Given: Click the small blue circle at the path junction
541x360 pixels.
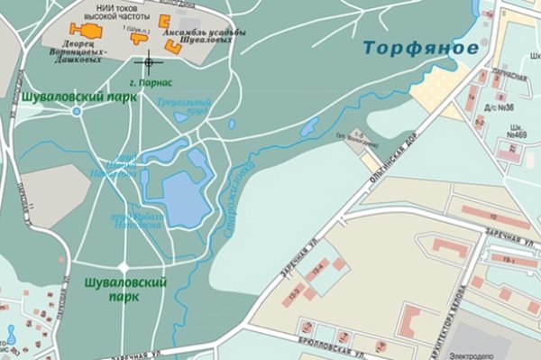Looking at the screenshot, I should click(x=77, y=111).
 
